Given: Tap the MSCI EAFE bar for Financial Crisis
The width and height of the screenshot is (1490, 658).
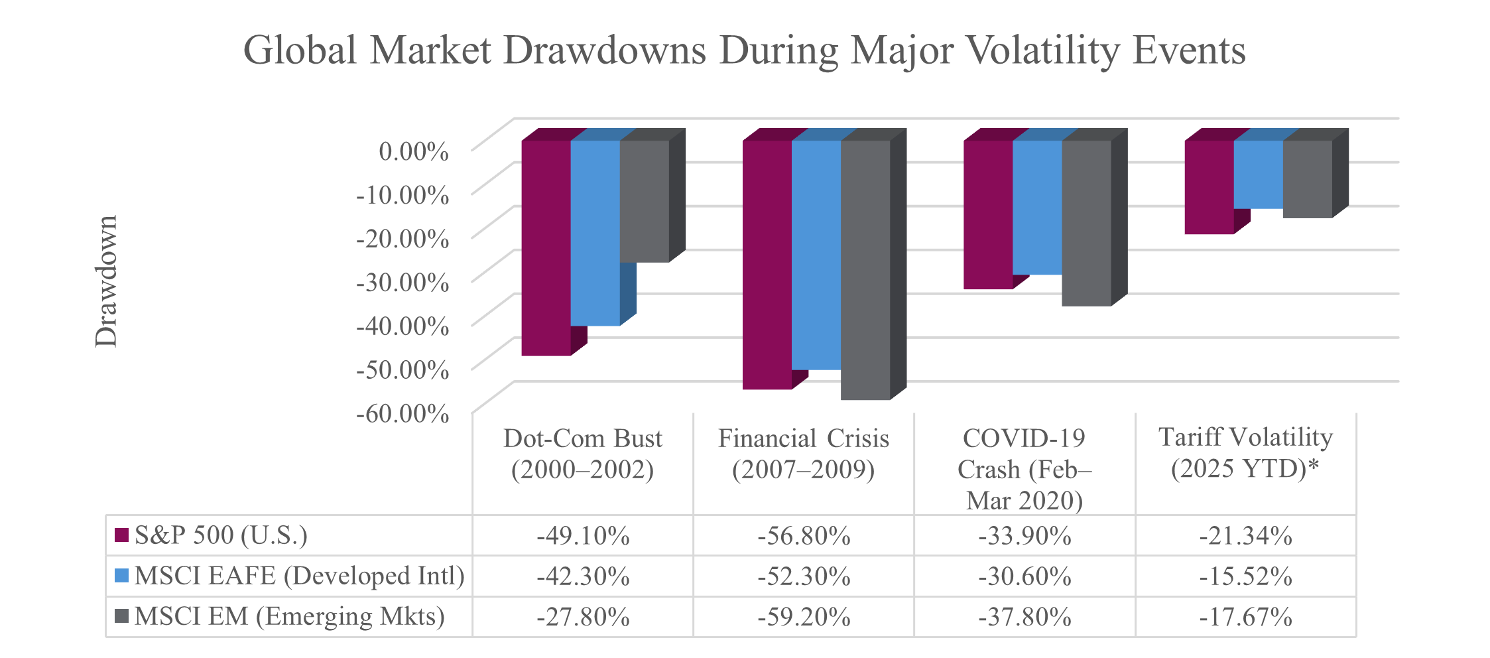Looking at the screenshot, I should (x=816, y=255).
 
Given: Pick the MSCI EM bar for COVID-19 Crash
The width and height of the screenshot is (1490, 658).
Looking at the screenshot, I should (x=1086, y=223).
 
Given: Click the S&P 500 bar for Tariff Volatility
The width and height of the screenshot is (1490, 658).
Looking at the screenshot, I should (x=1209, y=187).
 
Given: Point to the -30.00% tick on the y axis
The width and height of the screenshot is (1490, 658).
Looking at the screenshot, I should (x=403, y=282).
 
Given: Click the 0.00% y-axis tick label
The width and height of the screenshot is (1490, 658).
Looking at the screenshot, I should (x=413, y=151).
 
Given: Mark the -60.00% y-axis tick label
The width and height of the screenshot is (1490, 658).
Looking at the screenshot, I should (x=403, y=413).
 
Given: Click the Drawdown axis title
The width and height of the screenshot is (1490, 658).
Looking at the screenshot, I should (x=106, y=281).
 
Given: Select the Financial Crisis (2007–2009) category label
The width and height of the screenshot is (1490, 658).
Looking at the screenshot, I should (x=803, y=454).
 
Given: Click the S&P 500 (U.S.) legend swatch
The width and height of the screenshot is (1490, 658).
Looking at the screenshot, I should (x=121, y=535).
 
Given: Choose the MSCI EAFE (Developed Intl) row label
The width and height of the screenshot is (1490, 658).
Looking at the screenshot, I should (x=299, y=576).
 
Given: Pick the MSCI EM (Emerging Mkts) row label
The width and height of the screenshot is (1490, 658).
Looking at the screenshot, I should (x=289, y=616).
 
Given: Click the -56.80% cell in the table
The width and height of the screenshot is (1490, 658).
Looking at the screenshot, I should (x=804, y=535).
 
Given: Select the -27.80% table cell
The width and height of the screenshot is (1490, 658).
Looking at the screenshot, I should (x=583, y=617).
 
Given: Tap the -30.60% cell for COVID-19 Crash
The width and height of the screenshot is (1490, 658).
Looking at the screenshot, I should (x=1024, y=576).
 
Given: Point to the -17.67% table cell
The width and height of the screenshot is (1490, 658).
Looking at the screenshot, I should (x=1245, y=617).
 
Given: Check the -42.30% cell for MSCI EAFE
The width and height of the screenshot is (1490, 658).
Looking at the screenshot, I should (x=583, y=576).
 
